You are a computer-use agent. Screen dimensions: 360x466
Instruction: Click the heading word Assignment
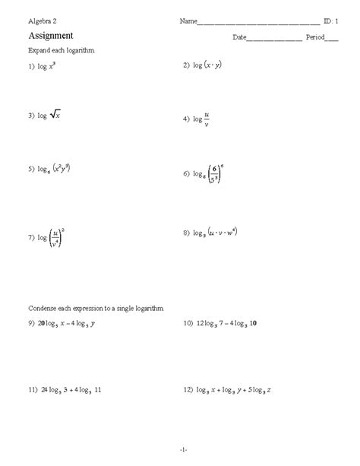coord(50,35)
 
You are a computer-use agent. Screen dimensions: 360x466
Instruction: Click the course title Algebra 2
coord(43,21)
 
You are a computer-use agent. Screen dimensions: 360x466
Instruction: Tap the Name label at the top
coord(188,21)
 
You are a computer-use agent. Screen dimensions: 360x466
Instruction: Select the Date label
coord(239,36)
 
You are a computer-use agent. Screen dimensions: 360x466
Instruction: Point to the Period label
coord(314,36)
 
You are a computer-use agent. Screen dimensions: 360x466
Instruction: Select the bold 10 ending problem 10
coord(254,324)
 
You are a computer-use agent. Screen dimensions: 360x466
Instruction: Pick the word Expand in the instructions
coord(39,50)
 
